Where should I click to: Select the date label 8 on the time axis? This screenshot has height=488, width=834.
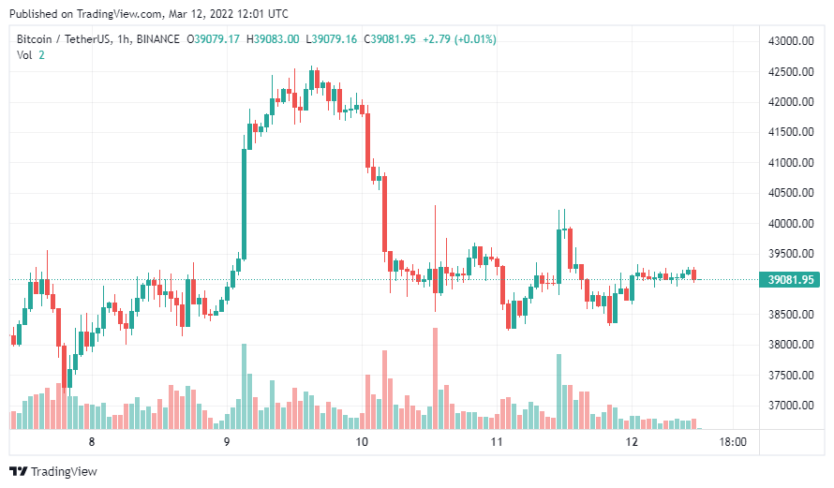click(92, 442)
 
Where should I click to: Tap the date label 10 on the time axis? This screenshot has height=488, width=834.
click(363, 442)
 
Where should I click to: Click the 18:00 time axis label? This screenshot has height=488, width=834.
click(732, 442)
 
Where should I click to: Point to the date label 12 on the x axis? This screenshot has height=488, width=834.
click(632, 442)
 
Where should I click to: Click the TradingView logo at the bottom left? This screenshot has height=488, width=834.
click(53, 471)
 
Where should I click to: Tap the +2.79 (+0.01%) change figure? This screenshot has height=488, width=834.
click(459, 39)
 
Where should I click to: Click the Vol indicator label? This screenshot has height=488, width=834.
click(24, 55)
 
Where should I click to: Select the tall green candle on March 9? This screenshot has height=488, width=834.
click(245, 202)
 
